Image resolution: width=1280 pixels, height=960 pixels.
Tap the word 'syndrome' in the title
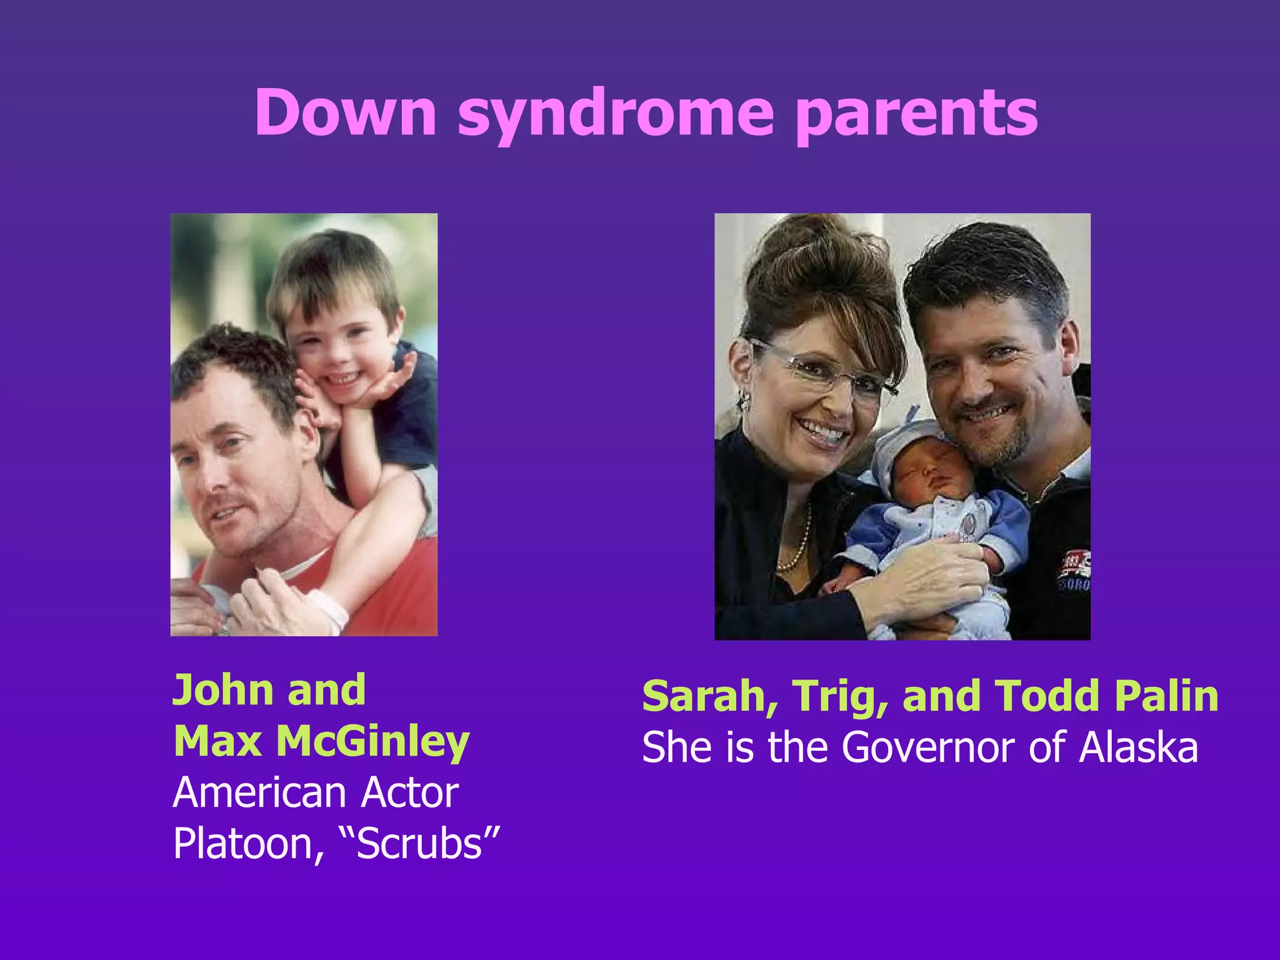pos(616,116)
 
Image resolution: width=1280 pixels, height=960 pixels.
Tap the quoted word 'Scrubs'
pos(421,844)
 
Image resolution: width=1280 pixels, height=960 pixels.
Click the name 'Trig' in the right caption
pos(841,697)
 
